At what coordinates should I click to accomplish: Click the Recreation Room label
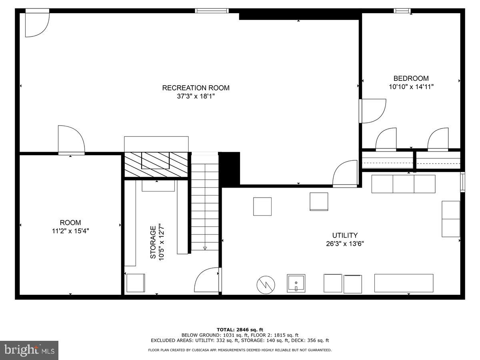coord(196,88)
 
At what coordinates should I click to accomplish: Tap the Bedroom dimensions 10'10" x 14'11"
coord(411,86)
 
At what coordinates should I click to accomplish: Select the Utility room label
coord(344,236)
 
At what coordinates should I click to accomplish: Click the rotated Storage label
coord(153,242)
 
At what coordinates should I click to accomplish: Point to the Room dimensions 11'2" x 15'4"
coord(70,231)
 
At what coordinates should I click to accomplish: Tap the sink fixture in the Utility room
coord(296,283)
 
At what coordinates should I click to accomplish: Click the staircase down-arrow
coord(205,248)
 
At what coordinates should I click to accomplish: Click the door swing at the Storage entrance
coord(207,280)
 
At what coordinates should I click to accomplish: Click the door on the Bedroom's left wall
coord(373,111)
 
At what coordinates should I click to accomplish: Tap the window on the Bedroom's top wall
coord(402,11)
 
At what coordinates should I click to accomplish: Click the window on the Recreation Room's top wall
coord(212,11)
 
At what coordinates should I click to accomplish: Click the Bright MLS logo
coord(29,350)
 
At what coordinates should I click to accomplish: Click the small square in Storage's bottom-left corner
coord(136,283)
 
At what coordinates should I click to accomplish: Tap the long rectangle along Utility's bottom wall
coord(404,283)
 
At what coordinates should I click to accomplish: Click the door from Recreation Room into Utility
coord(345,174)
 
